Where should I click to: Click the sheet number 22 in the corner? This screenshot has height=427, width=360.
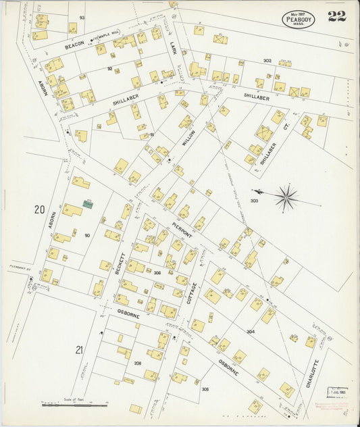pos(336,17)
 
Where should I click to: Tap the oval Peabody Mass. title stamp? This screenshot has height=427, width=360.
pos(299,19)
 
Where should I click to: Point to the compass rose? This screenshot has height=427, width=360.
pos(286,197)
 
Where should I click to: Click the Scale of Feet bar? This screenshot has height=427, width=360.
pos(74,405)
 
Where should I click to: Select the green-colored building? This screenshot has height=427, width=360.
pos(88,203)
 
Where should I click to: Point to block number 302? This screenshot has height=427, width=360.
pos(267,61)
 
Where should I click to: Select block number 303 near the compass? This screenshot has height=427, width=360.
pos(255,201)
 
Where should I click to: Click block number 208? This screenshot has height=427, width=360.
pos(138,363)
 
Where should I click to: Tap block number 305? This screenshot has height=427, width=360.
pos(205,389)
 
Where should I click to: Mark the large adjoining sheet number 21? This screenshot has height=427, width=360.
pos(80,349)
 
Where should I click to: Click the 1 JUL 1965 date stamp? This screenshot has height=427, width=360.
pos(338,391)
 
